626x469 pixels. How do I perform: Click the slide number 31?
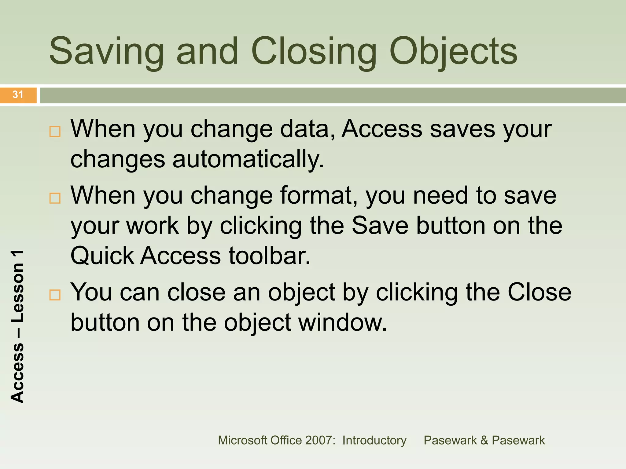[18, 95]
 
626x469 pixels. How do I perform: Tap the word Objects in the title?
[453, 51]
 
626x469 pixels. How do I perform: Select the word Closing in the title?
[314, 51]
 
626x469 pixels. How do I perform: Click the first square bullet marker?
[55, 132]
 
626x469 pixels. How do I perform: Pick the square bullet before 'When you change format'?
[55, 198]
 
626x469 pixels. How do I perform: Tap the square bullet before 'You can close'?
[55, 295]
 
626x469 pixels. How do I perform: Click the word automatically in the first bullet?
[248, 159]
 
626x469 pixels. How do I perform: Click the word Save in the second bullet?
[380, 226]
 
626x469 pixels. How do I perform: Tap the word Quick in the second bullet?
[102, 256]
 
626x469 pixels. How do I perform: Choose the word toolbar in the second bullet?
[269, 256]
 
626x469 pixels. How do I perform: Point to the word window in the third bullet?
[342, 322]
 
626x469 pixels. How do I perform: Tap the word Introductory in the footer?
[374, 440]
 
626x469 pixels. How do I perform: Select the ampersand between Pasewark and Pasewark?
[484, 440]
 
